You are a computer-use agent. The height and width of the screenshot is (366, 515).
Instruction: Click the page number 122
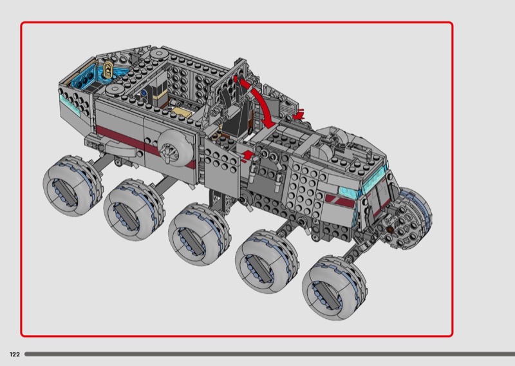15,354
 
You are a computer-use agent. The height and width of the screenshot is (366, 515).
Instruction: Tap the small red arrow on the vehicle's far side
299,114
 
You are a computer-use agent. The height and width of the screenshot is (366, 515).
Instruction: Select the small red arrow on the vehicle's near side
248,155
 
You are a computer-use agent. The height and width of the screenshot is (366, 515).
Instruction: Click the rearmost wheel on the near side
73,186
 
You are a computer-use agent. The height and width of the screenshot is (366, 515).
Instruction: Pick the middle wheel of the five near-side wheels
200,234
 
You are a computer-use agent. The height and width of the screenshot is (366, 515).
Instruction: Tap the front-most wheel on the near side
333,289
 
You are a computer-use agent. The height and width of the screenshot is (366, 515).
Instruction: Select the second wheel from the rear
134,209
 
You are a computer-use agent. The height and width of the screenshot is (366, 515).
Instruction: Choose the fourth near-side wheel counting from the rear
267,261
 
